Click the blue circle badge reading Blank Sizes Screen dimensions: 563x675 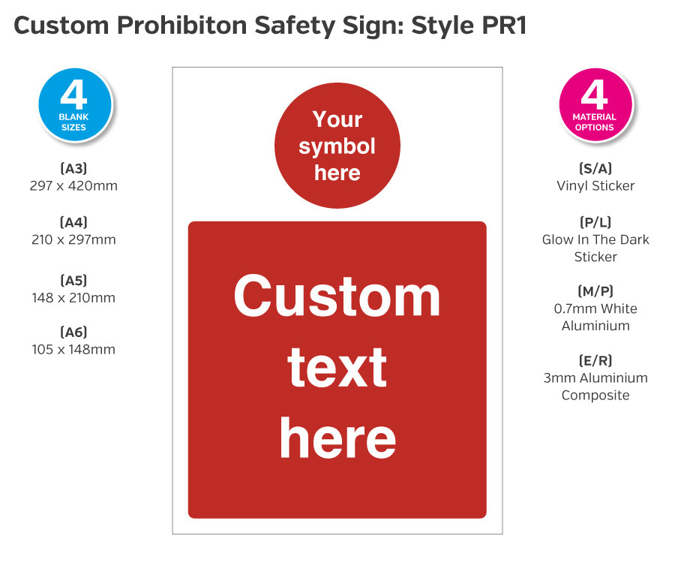73,104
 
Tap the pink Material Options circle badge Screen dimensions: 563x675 595,104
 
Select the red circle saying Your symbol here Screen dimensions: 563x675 337,146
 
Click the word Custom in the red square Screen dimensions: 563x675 337,296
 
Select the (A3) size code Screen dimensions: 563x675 73,168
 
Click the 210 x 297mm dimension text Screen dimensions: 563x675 73,240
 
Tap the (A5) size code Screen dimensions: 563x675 73,280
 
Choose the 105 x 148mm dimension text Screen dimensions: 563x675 73,349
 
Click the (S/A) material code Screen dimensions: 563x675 595,168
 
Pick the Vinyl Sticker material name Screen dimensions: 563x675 595,185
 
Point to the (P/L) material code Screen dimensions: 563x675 595,222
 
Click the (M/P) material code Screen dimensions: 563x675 595,291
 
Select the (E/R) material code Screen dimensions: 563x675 595,360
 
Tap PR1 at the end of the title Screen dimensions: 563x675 502,26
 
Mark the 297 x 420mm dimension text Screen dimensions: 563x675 73,185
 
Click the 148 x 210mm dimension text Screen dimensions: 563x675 73,298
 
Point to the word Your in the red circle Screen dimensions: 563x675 337,119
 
